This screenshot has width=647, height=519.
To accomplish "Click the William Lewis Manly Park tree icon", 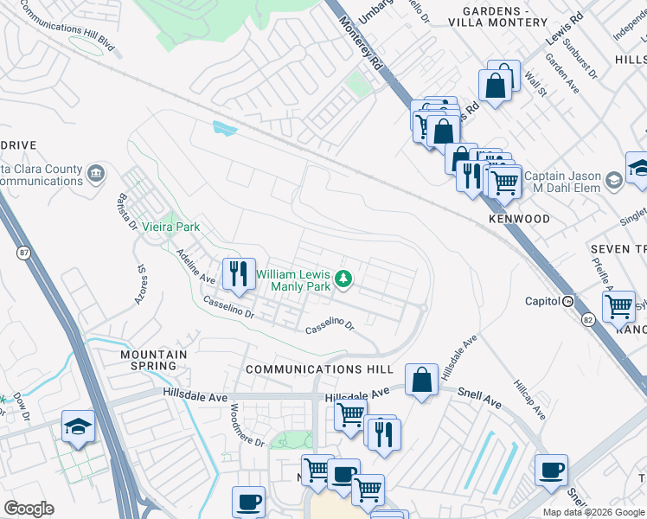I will (x=344, y=279).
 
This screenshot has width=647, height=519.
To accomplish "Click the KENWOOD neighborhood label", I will (x=519, y=219).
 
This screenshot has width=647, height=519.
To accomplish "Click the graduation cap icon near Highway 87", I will (x=78, y=426).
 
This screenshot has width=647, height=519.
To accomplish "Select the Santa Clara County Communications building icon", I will (x=95, y=175).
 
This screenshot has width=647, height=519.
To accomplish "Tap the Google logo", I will (x=29, y=509).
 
